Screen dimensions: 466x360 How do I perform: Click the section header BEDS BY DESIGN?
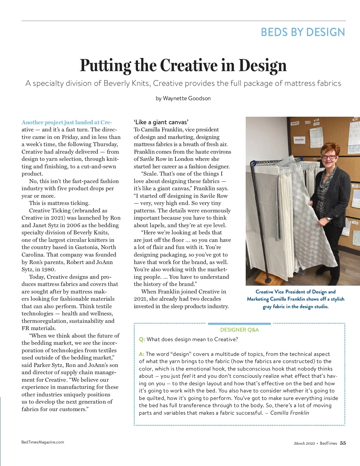tap(303, 32)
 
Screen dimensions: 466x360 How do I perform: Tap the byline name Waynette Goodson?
tap(187, 98)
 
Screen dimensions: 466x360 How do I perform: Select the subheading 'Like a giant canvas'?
tap(161, 122)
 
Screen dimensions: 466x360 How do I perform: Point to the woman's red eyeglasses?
tap(329, 157)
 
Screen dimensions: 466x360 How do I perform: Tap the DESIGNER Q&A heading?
tap(239, 330)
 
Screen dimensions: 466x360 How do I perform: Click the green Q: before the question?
tap(142, 339)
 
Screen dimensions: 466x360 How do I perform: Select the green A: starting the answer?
tap(142, 354)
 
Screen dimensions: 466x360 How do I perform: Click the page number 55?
tap(343, 443)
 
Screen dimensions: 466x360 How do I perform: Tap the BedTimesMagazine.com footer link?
tap(43, 442)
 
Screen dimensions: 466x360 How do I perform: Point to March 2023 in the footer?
tap(304, 443)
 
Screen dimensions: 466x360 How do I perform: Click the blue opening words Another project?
tap(42, 122)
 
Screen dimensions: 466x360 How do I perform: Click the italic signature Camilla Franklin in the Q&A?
tap(289, 413)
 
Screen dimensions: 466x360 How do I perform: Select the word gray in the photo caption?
tap(267, 307)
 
